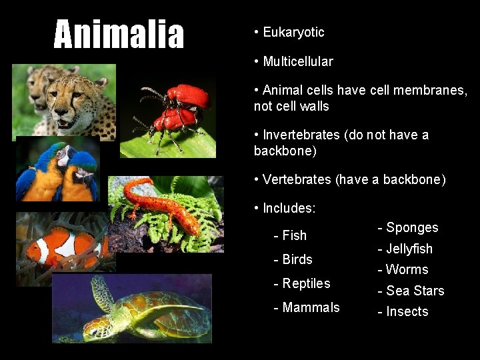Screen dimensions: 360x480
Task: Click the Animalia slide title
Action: [x=119, y=35]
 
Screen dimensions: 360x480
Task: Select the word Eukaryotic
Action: [x=293, y=32]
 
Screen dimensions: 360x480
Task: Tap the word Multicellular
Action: [x=297, y=61]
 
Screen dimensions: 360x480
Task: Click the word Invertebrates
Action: [x=301, y=135]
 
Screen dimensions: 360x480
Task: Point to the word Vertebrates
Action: [x=297, y=179]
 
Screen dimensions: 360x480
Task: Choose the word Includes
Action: [x=288, y=208]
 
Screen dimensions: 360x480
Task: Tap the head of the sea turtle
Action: [x=100, y=327]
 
